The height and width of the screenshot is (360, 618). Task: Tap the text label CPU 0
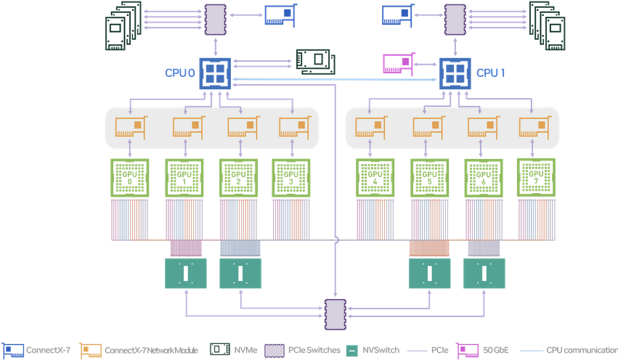(180, 73)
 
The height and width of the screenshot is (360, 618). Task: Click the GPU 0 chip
(129, 176)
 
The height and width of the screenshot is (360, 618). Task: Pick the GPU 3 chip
(290, 176)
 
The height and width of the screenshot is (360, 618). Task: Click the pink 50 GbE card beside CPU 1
(399, 64)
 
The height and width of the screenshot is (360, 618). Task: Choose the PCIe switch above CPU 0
(216, 20)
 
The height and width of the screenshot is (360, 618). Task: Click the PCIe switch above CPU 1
(455, 20)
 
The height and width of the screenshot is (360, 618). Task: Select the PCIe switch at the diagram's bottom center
(336, 313)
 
